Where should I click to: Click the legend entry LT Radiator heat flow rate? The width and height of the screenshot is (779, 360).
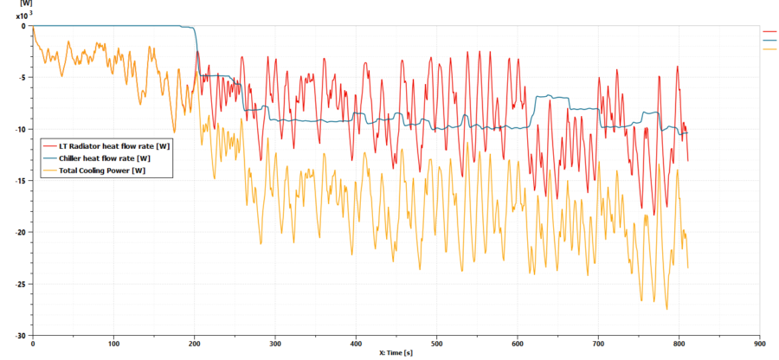tap(108, 145)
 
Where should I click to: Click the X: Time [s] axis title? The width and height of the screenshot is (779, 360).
tap(396, 353)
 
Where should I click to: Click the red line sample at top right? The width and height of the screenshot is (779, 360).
tap(769, 31)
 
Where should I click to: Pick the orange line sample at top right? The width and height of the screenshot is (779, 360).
tap(769, 48)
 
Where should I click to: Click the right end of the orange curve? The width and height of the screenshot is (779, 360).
tap(688, 267)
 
